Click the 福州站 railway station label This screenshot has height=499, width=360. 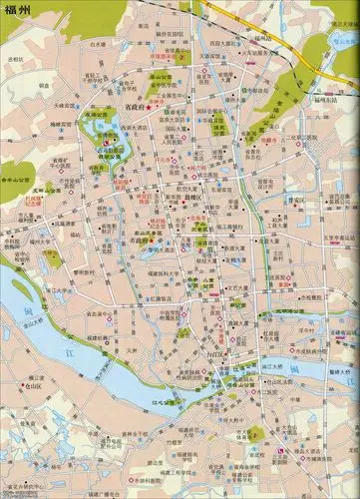[x=236, y=44]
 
